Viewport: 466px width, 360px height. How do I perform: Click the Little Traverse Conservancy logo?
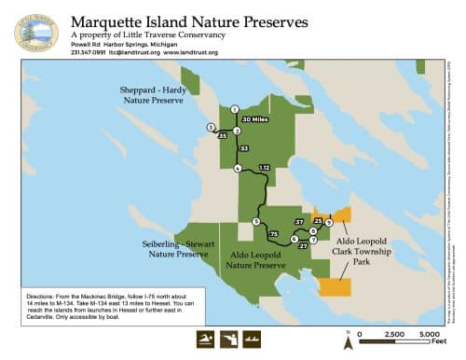(x=36, y=31)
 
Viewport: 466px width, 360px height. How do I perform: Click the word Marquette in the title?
(x=110, y=20)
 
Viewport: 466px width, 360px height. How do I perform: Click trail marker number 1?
(x=235, y=110)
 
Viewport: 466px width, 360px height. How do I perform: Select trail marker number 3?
(x=212, y=127)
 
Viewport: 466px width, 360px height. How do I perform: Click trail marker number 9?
(x=329, y=222)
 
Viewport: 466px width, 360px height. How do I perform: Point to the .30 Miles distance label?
(x=255, y=119)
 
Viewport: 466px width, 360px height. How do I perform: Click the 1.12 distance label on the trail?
(x=264, y=167)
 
